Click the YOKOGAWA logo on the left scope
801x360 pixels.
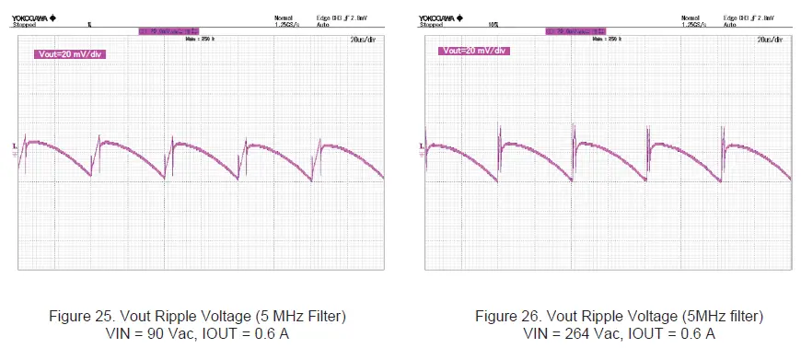33,17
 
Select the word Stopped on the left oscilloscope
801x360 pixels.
26,25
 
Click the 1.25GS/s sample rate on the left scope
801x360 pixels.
286,25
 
